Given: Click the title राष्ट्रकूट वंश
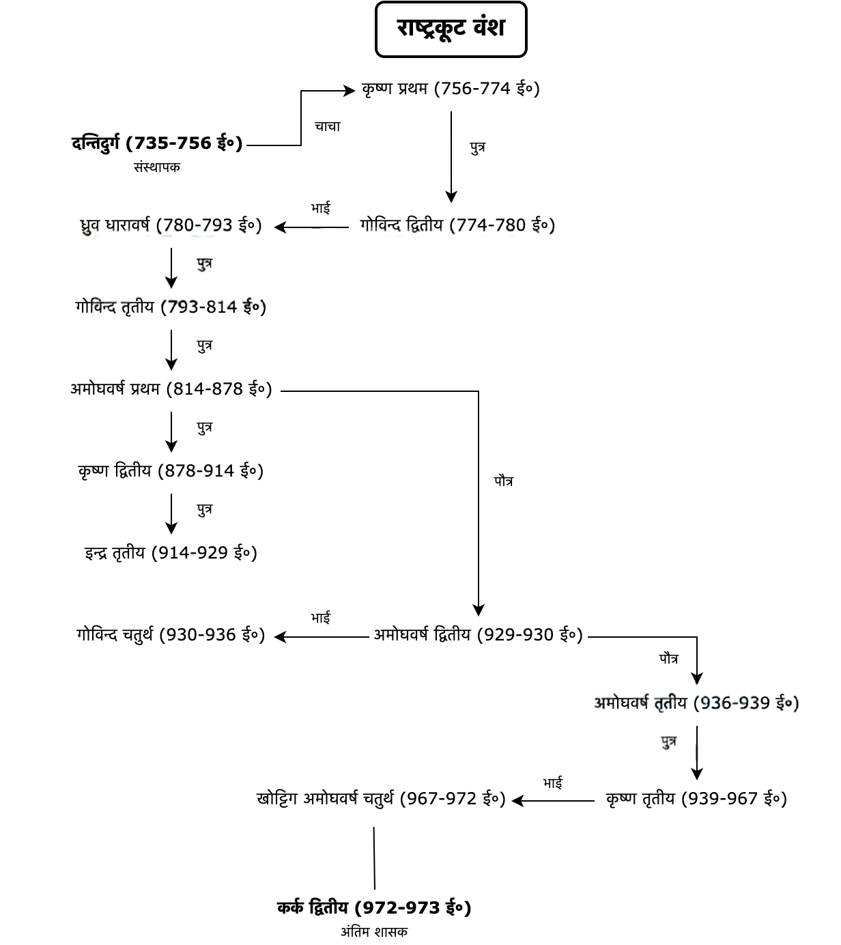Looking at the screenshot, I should click(x=451, y=29).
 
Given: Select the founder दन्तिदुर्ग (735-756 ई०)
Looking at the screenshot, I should click(x=157, y=143).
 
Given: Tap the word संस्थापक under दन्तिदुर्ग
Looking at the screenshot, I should click(x=157, y=167).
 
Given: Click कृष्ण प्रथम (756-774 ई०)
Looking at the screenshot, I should click(x=451, y=89).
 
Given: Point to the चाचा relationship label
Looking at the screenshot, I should click(x=328, y=126).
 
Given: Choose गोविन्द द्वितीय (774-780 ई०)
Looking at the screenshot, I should click(x=457, y=225).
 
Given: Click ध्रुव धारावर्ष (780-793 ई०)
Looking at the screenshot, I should click(x=171, y=225).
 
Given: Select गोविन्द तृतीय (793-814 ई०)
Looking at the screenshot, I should click(x=171, y=307).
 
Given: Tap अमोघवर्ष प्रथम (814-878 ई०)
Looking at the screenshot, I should click(x=171, y=389).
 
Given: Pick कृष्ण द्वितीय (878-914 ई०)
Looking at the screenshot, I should click(x=171, y=470).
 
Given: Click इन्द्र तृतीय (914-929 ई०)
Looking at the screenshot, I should click(x=171, y=552).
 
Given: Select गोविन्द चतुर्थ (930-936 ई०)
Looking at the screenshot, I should click(x=171, y=635).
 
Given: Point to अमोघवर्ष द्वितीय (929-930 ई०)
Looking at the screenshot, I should click(x=478, y=635).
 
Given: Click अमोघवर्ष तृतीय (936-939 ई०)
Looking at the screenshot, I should click(x=696, y=703).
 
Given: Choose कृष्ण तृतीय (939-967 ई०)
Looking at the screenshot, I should click(x=696, y=798).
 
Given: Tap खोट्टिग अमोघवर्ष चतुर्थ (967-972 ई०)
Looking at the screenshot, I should click(x=381, y=798).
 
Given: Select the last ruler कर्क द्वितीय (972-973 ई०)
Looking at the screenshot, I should click(x=374, y=907).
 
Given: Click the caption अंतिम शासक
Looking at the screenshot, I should click(x=374, y=931).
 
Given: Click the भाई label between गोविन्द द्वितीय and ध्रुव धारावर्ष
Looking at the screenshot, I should click(x=321, y=208).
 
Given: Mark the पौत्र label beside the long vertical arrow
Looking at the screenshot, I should click(x=504, y=481).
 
